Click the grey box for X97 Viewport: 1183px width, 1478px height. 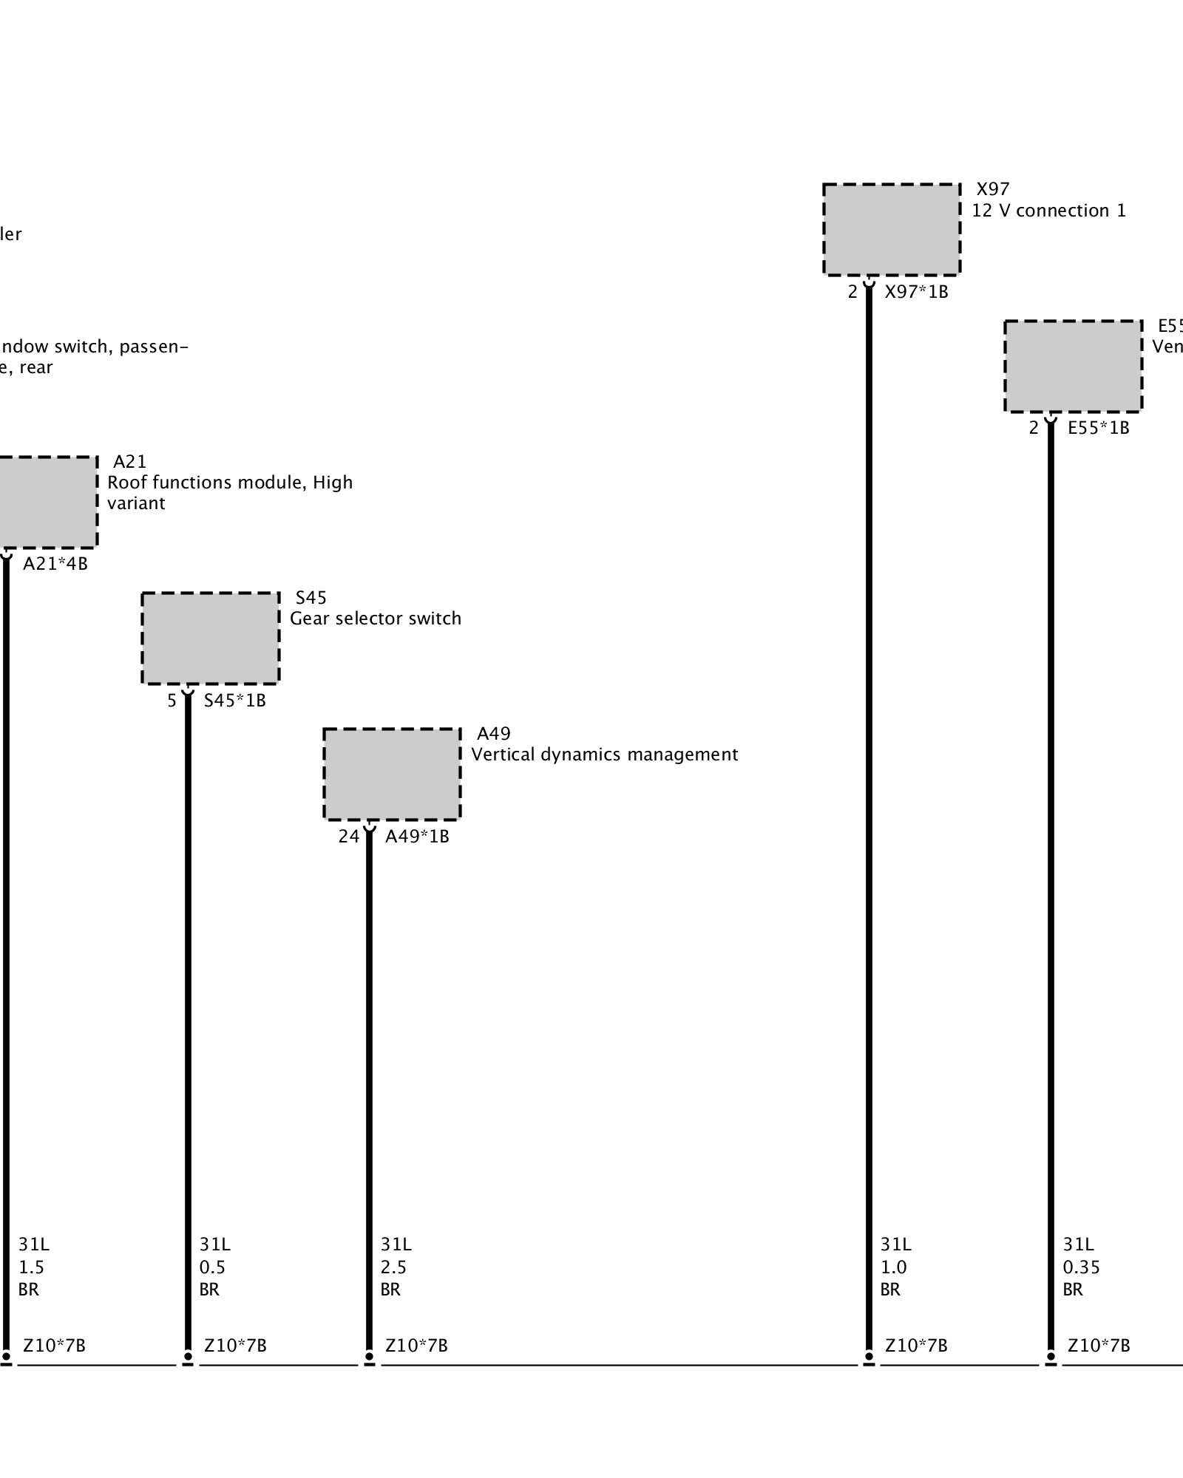892,229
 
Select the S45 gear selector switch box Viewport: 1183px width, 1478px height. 211,638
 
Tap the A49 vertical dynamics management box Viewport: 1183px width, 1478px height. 392,774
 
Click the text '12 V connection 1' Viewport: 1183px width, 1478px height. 1048,211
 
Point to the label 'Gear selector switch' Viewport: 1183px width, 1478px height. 376,619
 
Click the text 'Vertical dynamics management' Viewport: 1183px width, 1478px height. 604,755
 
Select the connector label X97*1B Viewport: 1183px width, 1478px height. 916,292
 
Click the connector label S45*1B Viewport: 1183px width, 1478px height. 234,701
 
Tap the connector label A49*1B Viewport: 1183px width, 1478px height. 417,837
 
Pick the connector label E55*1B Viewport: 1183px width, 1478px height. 1099,428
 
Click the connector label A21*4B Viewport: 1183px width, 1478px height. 55,564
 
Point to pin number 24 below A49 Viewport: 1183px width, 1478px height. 349,837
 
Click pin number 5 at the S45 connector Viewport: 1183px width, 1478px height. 172,701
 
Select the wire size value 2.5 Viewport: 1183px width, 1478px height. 393,1267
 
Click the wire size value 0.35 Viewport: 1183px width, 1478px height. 1081,1267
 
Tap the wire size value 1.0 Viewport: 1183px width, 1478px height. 893,1267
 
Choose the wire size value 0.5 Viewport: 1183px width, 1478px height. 212,1267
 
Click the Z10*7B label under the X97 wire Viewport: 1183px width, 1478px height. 916,1346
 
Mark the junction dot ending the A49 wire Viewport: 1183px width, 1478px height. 369,1356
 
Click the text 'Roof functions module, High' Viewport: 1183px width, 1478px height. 230,483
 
